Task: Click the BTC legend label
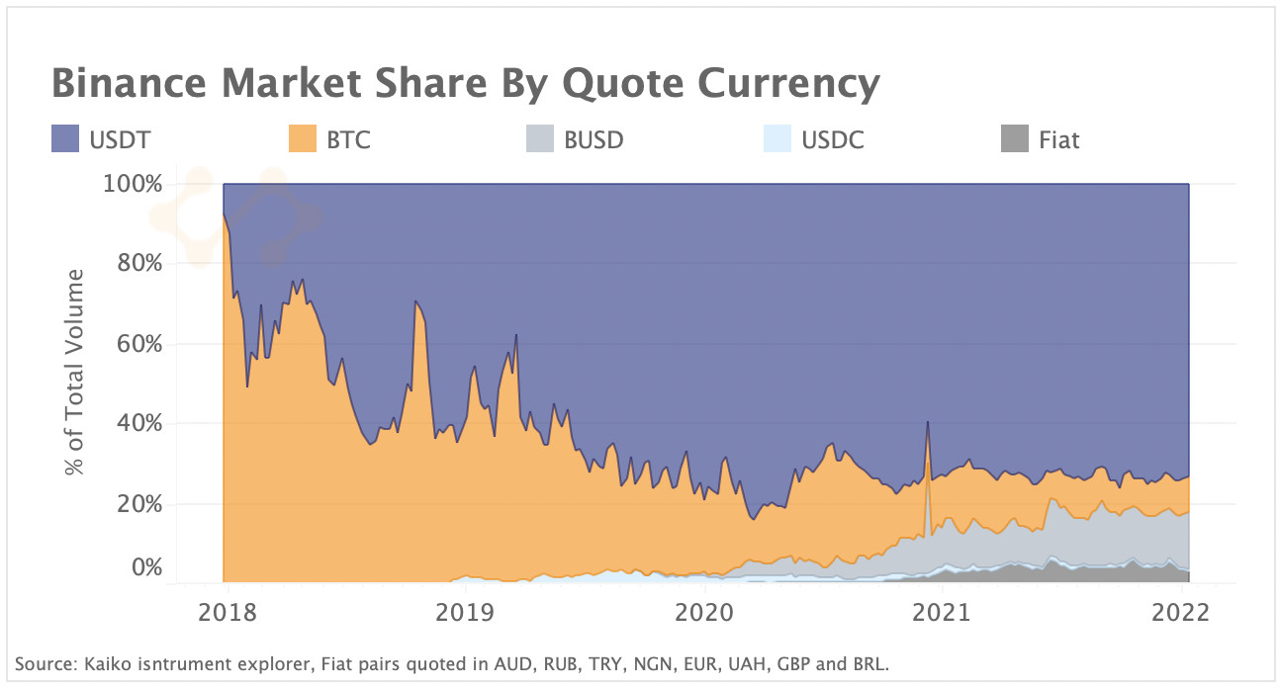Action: (x=348, y=139)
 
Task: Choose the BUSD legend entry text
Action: (x=594, y=139)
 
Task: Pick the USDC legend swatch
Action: (x=778, y=139)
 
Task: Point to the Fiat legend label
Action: (x=1058, y=139)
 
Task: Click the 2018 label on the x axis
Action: (x=228, y=612)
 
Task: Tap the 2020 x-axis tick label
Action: (x=703, y=612)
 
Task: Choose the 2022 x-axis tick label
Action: (x=1181, y=612)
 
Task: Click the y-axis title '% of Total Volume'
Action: (x=76, y=372)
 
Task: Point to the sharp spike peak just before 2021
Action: (x=927, y=422)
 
